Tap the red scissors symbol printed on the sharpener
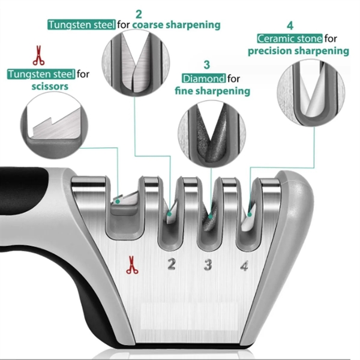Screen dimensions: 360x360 (x=132, y=265)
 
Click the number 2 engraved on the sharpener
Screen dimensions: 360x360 (x=171, y=264)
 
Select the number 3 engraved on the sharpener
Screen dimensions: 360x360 (x=208, y=264)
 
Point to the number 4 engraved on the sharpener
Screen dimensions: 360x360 (x=244, y=265)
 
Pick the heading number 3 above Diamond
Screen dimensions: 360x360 (x=206, y=64)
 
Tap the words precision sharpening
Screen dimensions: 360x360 (x=298, y=51)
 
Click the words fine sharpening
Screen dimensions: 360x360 (x=212, y=91)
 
